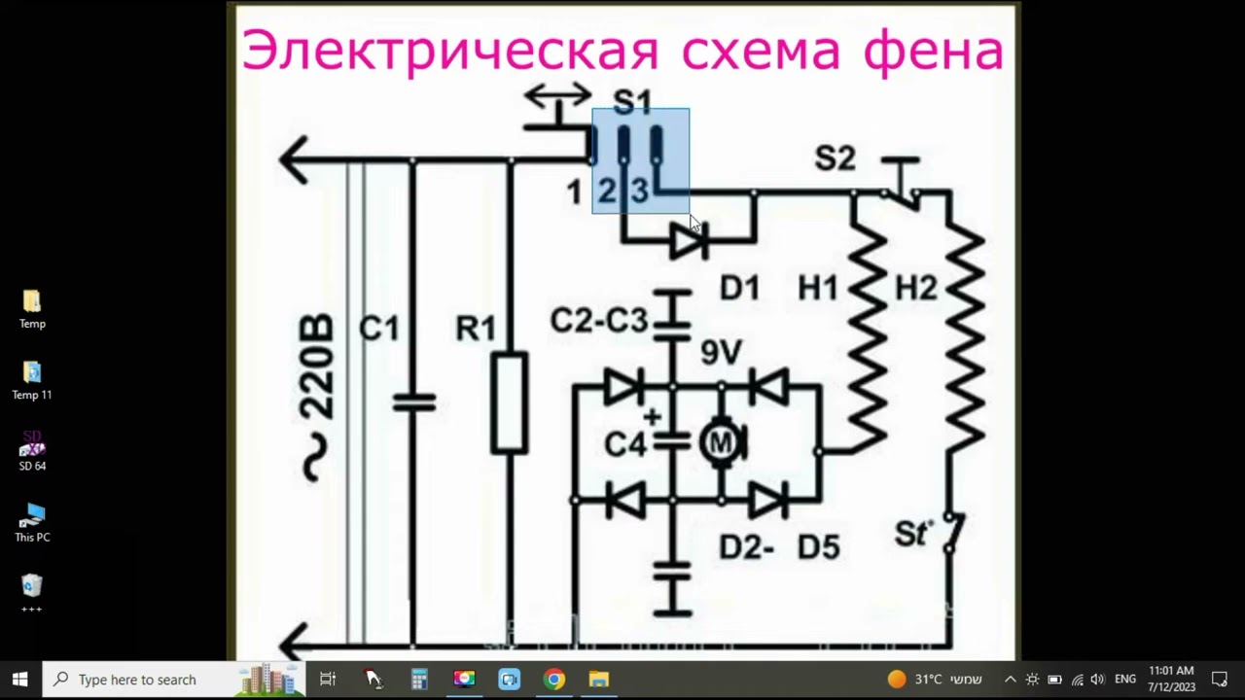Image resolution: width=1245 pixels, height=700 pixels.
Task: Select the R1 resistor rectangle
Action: tap(510, 403)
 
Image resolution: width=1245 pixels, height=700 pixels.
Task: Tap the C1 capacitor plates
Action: tap(413, 402)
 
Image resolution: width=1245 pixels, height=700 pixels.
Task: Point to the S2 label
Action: tap(835, 158)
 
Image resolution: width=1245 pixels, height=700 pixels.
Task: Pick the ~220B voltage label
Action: tap(316, 398)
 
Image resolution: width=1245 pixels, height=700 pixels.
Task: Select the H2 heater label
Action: tap(915, 288)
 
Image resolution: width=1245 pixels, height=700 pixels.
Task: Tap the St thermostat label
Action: tap(912, 534)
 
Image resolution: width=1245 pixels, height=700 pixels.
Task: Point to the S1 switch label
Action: tap(632, 101)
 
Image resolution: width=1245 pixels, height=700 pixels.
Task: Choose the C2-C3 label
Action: tap(598, 320)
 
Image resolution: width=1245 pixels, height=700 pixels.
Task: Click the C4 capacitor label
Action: tap(624, 444)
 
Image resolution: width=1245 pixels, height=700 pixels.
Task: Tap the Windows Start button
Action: tap(19, 680)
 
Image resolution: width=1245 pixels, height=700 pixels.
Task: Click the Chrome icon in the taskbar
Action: tap(554, 680)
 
